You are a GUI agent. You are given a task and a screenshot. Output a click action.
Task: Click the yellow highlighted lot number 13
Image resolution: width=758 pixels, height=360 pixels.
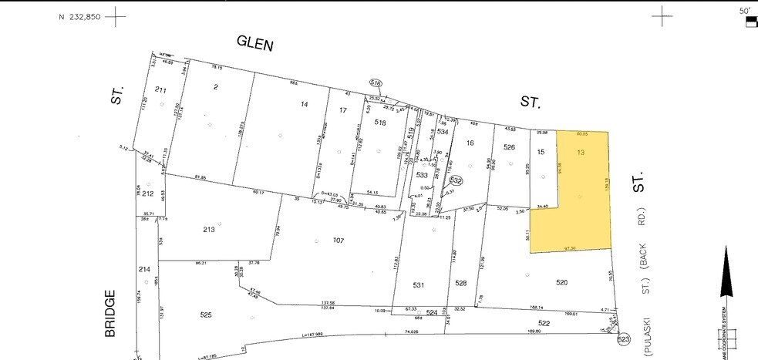click(x=581, y=153)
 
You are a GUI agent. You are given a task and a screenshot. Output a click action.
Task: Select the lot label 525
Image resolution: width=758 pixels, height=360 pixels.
click(x=206, y=315)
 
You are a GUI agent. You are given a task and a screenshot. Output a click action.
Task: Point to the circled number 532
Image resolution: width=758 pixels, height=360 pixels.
click(x=456, y=180)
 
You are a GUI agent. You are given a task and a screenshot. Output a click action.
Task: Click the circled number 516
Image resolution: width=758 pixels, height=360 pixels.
click(x=376, y=82)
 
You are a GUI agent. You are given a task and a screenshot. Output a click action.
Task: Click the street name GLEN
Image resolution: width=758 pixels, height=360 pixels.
click(x=254, y=43)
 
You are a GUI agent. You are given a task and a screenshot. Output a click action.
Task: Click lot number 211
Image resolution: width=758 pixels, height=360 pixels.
click(x=160, y=90)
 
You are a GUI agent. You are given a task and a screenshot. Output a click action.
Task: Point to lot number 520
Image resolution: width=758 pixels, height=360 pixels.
click(x=561, y=283)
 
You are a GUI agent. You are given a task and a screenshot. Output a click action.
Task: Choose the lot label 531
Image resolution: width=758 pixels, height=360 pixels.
click(x=418, y=285)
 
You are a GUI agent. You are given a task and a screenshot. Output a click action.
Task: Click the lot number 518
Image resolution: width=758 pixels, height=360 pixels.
click(x=380, y=123)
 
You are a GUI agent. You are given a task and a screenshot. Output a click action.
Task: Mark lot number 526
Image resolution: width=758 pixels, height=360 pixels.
click(x=509, y=147)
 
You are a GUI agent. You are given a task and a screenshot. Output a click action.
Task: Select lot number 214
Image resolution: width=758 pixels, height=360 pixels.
click(x=144, y=269)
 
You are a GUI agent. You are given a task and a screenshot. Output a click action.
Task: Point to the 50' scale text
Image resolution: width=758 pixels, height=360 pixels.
click(x=744, y=11)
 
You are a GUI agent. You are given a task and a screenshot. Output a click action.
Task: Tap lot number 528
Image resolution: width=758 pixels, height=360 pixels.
click(x=460, y=284)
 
